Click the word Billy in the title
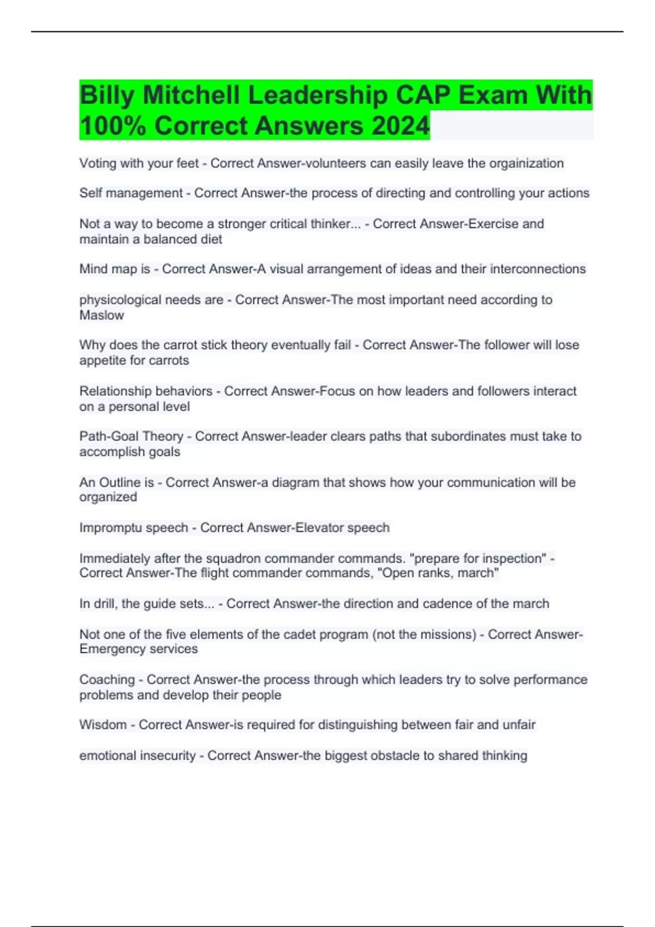click(107, 96)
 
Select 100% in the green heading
click(113, 126)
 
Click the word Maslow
click(102, 315)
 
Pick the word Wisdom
click(103, 725)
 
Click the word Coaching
click(107, 679)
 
